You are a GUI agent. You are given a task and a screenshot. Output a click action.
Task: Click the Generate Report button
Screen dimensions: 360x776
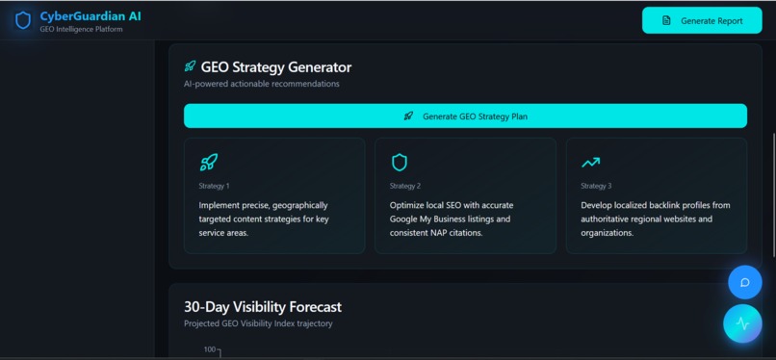coord(701,20)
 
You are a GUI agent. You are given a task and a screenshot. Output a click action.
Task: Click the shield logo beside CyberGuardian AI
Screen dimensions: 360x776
coord(23,20)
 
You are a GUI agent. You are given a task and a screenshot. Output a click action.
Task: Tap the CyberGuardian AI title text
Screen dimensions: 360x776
coord(91,15)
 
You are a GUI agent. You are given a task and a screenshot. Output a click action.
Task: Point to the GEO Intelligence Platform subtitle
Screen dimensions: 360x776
coord(81,29)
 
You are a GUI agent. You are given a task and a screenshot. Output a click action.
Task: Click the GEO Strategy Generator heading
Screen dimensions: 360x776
coord(275,67)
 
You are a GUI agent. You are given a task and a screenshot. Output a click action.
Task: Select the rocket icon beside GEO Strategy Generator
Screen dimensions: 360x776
coord(191,67)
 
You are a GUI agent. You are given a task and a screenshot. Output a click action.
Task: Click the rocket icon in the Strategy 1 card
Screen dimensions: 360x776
coord(208,163)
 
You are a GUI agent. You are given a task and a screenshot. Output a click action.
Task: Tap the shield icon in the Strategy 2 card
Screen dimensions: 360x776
coord(399,163)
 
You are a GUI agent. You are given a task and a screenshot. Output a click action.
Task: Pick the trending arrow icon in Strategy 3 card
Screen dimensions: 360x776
coord(590,163)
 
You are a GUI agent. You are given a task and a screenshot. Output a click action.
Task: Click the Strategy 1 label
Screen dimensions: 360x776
coord(214,186)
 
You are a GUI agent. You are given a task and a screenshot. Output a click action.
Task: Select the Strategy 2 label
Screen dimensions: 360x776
coord(404,186)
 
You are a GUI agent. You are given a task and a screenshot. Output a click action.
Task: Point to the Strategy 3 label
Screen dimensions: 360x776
coord(596,186)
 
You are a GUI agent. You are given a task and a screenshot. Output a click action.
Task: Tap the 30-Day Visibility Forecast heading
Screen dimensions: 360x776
coord(262,307)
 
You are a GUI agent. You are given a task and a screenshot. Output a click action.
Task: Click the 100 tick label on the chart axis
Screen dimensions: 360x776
coord(209,349)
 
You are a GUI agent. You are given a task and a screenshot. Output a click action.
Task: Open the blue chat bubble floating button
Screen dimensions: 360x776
coord(744,283)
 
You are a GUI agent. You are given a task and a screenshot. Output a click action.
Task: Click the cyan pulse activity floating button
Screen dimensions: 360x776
coord(742,323)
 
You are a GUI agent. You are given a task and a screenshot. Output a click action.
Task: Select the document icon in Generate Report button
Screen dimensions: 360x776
coord(666,20)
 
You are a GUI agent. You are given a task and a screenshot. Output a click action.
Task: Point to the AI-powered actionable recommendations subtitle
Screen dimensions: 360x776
coord(262,84)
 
